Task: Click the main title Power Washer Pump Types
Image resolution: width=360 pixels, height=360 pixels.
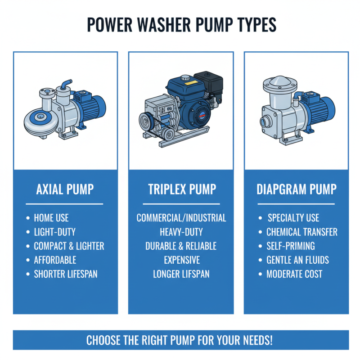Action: [x=181, y=25]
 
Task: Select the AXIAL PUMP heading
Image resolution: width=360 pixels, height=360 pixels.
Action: [x=65, y=189]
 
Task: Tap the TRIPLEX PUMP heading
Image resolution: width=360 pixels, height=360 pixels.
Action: [x=181, y=189]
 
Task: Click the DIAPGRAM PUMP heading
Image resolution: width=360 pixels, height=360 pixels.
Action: [x=297, y=189]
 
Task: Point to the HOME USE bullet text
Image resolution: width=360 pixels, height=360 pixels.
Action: [x=51, y=218]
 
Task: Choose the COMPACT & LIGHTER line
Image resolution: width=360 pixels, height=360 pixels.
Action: [x=69, y=246]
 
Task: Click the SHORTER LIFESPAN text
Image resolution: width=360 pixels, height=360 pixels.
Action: [x=66, y=274]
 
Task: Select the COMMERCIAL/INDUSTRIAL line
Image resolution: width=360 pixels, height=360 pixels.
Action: [x=181, y=218]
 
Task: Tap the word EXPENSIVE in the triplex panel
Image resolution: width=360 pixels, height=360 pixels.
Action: [x=181, y=260]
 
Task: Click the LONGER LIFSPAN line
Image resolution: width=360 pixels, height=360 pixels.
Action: [x=181, y=274]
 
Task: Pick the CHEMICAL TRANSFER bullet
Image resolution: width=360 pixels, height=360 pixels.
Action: [x=301, y=232]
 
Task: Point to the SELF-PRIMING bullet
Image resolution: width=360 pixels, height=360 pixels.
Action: [x=290, y=246]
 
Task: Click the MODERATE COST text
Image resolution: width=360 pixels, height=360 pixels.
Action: [x=294, y=274]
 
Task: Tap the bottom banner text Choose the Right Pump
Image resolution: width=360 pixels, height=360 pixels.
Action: [x=180, y=340]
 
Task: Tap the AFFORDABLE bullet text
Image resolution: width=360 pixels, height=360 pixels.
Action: [x=55, y=260]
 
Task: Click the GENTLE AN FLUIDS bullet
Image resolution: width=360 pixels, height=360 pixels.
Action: [x=297, y=260]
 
